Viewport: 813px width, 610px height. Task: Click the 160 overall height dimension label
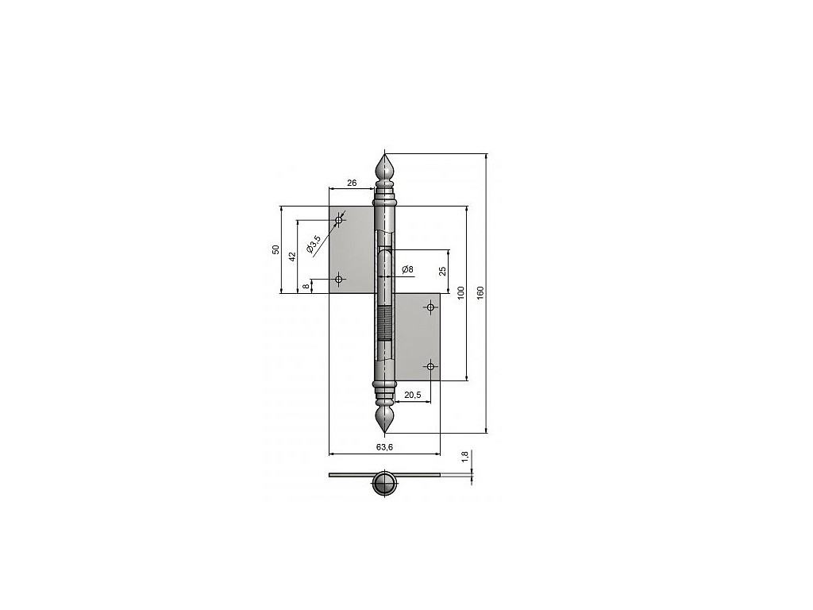click(x=480, y=292)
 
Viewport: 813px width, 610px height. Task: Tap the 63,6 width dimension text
click(x=385, y=447)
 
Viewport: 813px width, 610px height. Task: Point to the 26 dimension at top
click(x=352, y=183)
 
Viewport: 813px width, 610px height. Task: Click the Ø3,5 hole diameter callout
click(x=314, y=245)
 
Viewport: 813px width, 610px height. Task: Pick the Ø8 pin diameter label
click(x=407, y=269)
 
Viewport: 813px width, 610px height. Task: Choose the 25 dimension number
click(x=442, y=271)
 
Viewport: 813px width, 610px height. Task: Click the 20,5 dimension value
click(x=412, y=396)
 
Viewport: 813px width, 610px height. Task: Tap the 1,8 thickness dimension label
click(x=465, y=457)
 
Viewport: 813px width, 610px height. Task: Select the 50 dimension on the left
click(x=276, y=249)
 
